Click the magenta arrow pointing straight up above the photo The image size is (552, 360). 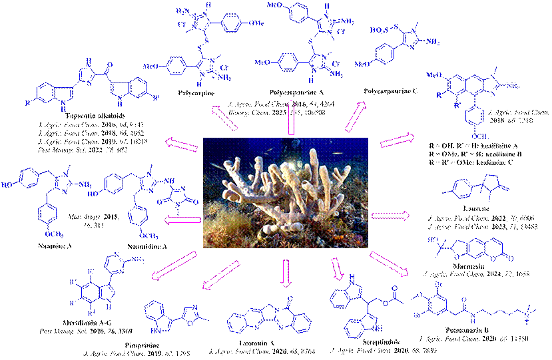coord(291,126)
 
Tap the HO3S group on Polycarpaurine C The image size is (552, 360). coord(371,31)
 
